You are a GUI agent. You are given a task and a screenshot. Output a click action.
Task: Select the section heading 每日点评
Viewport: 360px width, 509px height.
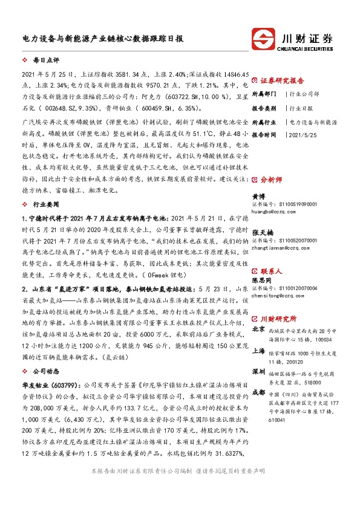tap(43, 61)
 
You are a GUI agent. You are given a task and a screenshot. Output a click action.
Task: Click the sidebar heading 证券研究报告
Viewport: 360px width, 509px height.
tap(282, 80)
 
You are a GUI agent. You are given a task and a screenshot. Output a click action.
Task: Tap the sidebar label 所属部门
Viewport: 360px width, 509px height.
tap(264, 94)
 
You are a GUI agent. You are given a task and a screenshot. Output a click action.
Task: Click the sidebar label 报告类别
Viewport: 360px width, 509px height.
tap(264, 108)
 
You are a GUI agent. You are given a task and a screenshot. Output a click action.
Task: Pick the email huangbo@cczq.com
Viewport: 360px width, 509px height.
tap(274, 211)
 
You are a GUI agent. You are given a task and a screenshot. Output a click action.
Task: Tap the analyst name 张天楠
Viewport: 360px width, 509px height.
tap(261, 232)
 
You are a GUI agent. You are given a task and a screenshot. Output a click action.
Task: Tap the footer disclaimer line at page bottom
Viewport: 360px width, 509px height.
tap(180, 487)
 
